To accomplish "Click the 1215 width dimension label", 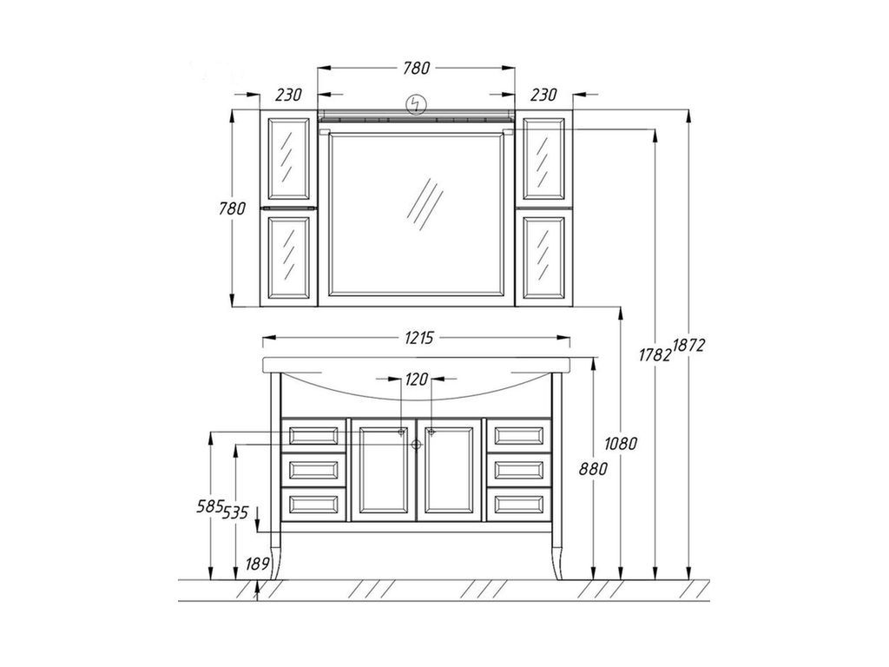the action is pos(419,338).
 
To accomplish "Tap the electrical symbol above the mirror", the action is pos(417,104).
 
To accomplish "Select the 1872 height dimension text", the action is pos(688,345).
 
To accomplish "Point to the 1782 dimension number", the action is pos(655,355).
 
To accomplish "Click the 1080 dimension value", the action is pos(621,443).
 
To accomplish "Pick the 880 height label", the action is pos(593,469).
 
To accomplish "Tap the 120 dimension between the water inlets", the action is pos(417,379).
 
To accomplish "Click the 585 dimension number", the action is pos(209,506).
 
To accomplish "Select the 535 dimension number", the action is pos(235,512).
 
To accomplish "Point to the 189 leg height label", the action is pos(257,565).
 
